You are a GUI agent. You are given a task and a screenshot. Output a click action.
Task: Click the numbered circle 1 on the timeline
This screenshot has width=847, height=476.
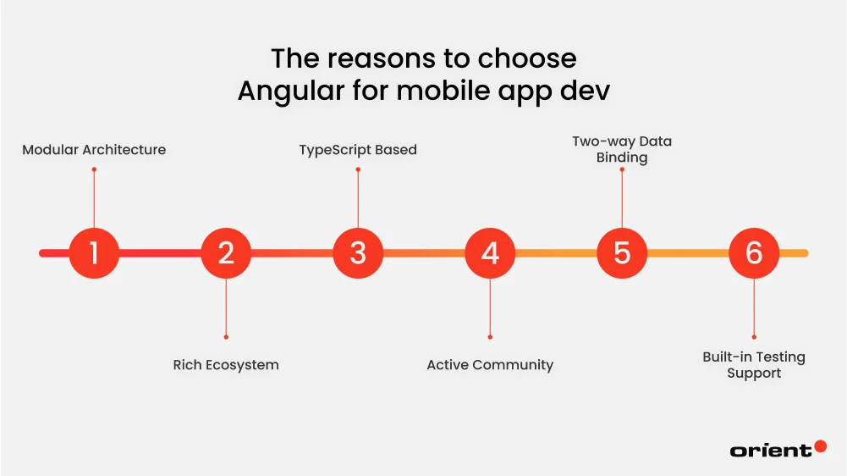click(x=94, y=253)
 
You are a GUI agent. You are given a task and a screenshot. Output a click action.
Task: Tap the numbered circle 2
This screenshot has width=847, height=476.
click(x=226, y=253)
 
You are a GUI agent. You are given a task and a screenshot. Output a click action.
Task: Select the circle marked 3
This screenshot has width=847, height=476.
click(x=358, y=253)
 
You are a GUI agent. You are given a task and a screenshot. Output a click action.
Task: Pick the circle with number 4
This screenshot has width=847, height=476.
click(x=490, y=253)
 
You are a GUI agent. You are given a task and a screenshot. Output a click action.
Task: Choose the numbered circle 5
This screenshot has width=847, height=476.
click(x=622, y=253)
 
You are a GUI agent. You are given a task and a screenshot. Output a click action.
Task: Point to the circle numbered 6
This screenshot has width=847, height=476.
click(x=754, y=253)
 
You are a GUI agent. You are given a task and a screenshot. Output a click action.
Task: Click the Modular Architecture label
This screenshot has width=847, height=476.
click(x=94, y=150)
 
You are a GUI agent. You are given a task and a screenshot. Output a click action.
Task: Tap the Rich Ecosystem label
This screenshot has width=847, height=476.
click(x=226, y=365)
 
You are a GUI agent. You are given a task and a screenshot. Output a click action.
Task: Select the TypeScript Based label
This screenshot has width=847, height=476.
click(x=358, y=150)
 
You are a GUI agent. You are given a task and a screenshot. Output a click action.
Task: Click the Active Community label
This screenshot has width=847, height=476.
click(x=490, y=365)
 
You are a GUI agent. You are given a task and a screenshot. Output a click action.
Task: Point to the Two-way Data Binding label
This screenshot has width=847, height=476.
click(x=622, y=149)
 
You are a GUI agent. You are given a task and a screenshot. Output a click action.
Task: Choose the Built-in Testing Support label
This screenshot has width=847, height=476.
click(x=754, y=365)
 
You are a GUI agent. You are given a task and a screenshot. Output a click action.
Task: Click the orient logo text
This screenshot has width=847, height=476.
click(x=770, y=451)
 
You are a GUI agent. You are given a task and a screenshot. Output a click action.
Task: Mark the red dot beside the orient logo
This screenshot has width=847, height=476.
click(x=820, y=446)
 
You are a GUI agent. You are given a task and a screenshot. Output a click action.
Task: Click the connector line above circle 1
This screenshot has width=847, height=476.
click(x=94, y=200)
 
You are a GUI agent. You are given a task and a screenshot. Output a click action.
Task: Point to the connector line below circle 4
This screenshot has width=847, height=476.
click(x=490, y=307)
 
